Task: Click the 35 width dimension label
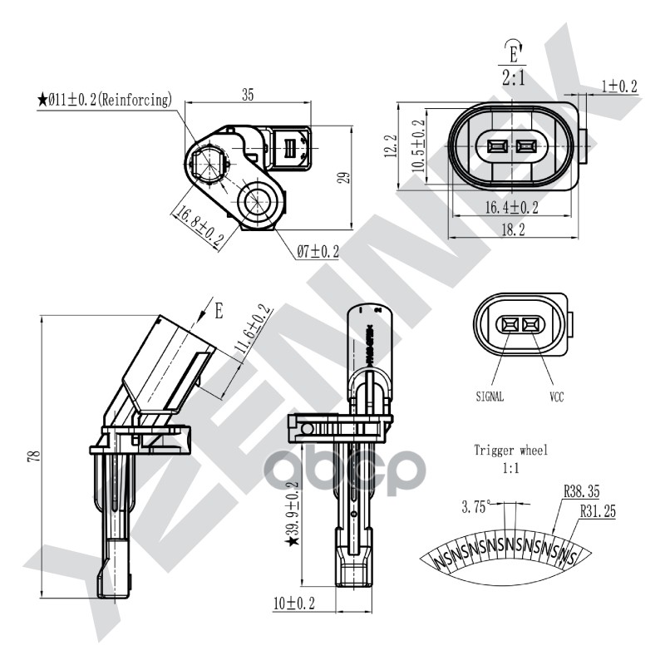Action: point(247,95)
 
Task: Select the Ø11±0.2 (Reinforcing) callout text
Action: point(105,100)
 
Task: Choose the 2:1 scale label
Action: point(512,79)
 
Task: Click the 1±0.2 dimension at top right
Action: point(618,86)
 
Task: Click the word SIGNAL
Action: point(490,397)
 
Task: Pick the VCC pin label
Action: point(555,397)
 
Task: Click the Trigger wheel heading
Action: point(510,451)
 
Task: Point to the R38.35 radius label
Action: point(582,492)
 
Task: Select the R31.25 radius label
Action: point(598,512)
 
